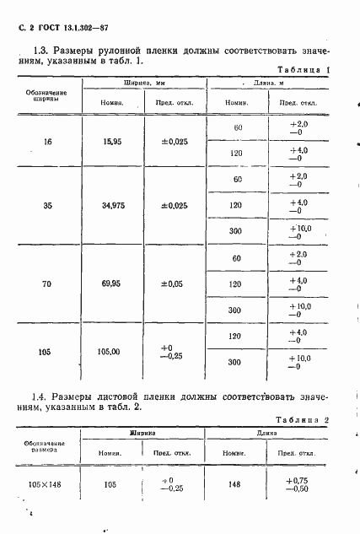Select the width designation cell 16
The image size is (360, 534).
pyautogui.click(x=48, y=142)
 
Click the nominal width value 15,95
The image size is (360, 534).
pyautogui.click(x=112, y=142)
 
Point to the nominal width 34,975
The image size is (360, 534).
pyautogui.click(x=112, y=205)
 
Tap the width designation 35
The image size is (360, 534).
pyautogui.click(x=48, y=205)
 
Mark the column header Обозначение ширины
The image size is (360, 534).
pyautogui.click(x=48, y=92)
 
